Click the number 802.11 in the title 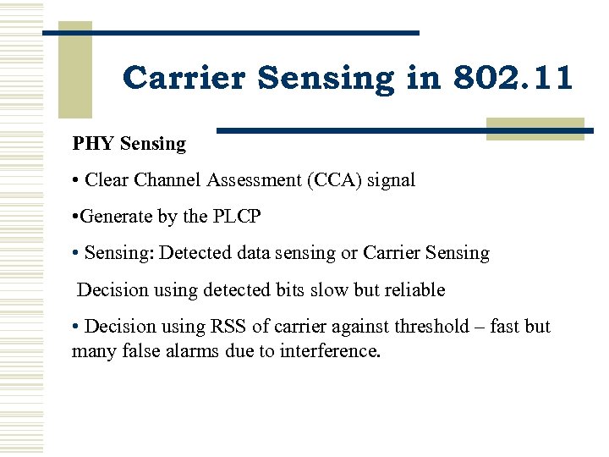pos(513,79)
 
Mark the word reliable pos(414,289)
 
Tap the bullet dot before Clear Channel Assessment pos(76,180)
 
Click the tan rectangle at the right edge pos(535,129)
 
